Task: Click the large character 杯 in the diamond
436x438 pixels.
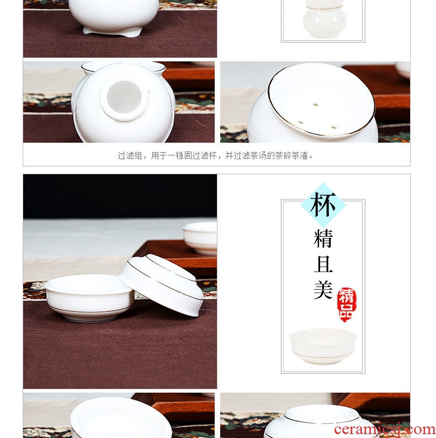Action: tap(323, 205)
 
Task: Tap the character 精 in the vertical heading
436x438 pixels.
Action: tap(323, 238)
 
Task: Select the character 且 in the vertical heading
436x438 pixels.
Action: tap(323, 264)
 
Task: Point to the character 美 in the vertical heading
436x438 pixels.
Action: tap(323, 290)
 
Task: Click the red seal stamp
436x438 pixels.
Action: tap(347, 305)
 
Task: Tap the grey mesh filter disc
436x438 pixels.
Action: tap(124, 97)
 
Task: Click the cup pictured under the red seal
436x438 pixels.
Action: tap(323, 346)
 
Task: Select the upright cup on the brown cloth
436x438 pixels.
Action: tap(89, 298)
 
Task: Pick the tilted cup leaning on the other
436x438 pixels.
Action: tap(161, 285)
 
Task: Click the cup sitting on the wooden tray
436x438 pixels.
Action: tap(200, 238)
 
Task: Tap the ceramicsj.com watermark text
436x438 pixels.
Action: tap(385, 429)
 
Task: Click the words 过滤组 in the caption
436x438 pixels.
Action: tap(130, 155)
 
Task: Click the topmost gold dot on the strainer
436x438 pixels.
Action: tap(316, 105)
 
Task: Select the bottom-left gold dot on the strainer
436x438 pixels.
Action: tap(301, 122)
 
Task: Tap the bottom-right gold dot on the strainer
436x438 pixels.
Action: tap(333, 128)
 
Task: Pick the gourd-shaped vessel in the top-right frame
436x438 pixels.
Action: tap(325, 18)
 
